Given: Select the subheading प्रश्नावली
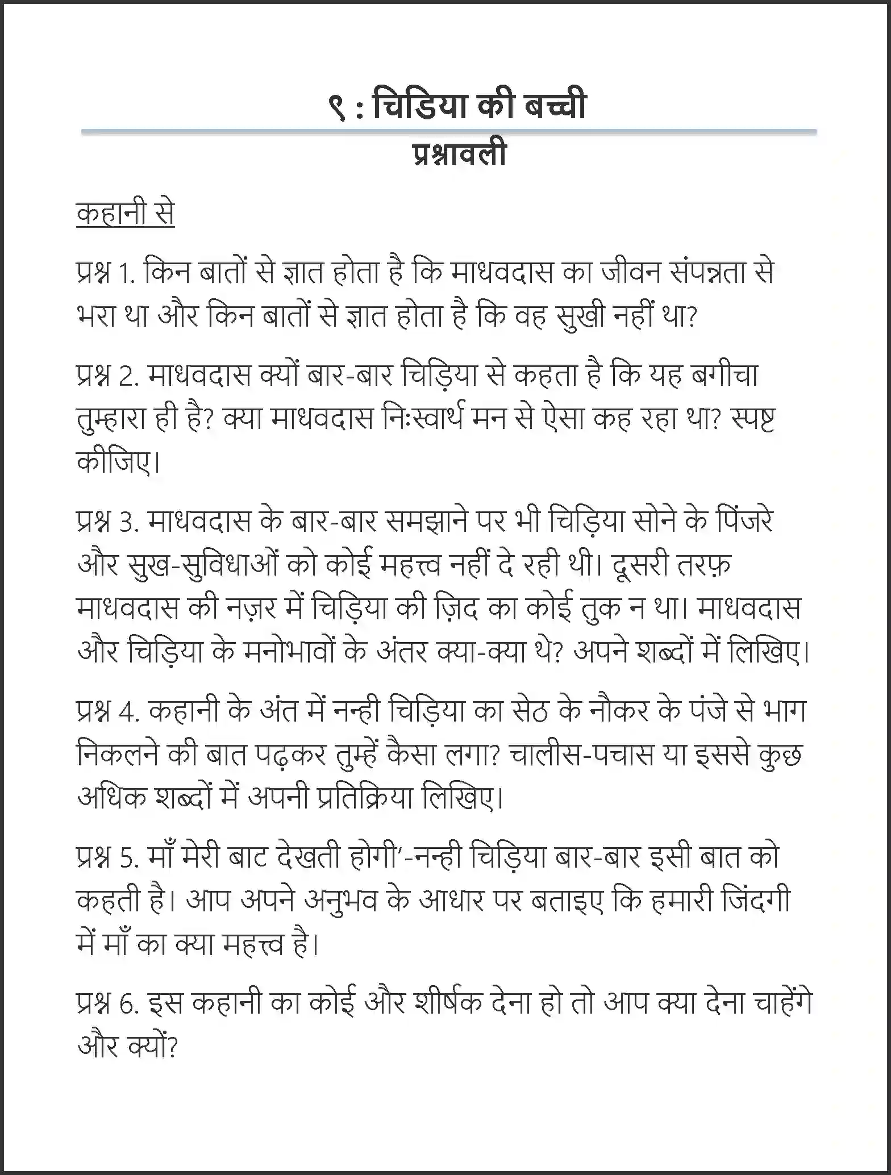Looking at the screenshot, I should click(x=459, y=155).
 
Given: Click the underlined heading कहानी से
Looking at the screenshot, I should click(x=125, y=215).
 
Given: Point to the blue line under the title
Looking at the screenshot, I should click(x=448, y=132).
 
